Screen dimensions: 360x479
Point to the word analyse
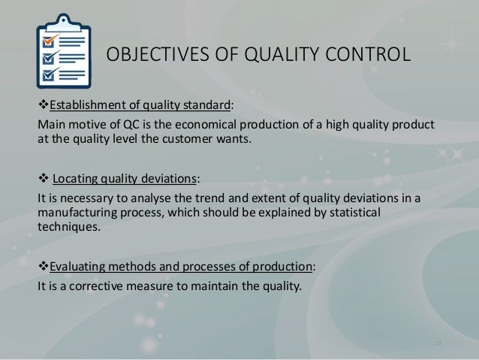[x=156, y=197]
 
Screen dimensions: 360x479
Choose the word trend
[x=211, y=197]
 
